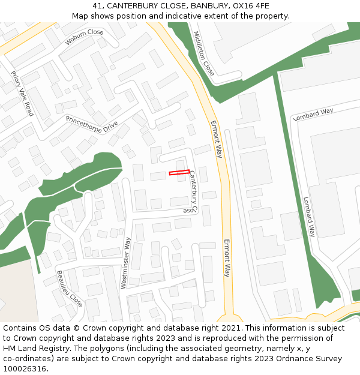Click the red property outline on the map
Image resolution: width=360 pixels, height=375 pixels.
(179, 173)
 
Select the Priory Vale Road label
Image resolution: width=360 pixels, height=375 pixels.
(22, 94)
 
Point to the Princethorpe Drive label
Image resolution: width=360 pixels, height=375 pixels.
(92, 124)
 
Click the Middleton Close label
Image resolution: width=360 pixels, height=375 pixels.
(204, 53)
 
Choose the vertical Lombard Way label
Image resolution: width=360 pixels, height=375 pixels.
(309, 217)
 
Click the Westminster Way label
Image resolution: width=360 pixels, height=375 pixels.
(126, 262)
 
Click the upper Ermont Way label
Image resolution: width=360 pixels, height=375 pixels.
(216, 139)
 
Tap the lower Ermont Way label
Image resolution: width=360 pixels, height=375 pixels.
(227, 258)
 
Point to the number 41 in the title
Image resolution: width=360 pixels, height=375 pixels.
(97, 6)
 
